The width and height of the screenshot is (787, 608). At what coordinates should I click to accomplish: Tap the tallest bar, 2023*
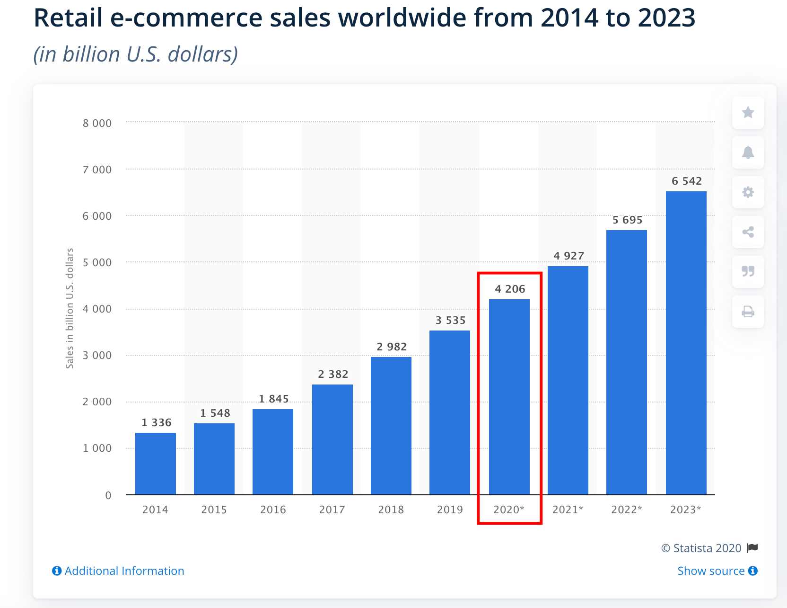[686, 343]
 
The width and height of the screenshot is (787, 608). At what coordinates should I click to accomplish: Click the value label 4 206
[510, 289]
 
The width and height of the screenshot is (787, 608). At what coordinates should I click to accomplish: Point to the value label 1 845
[273, 399]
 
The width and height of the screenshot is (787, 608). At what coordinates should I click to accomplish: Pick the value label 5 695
[627, 220]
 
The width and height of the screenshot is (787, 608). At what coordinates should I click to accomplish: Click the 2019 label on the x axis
[450, 510]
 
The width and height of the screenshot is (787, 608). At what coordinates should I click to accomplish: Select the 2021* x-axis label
[568, 510]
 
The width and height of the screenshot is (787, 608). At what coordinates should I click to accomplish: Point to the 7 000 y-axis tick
[97, 170]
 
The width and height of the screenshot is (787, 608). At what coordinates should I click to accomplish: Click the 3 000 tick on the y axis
[97, 355]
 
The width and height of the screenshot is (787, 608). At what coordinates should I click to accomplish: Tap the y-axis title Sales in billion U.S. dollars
[70, 308]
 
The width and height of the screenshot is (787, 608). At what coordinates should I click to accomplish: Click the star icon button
[748, 113]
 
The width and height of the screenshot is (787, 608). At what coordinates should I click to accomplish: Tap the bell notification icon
[748, 152]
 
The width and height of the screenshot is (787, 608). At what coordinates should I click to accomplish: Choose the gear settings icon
[748, 192]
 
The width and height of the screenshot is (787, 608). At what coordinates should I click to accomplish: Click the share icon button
[748, 232]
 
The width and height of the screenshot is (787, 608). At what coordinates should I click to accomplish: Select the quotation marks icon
[748, 271]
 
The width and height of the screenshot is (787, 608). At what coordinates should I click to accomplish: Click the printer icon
[748, 312]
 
